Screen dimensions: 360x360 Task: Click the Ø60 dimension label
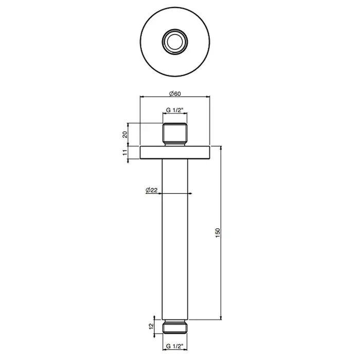(175, 94)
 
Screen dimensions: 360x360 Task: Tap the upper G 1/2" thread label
(175, 110)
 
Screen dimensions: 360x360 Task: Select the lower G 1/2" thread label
(175, 346)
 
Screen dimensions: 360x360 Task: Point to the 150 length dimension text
(218, 233)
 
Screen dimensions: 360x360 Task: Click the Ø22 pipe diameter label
(152, 190)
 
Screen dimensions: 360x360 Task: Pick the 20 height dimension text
(124, 134)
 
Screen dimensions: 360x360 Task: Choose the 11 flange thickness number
(124, 152)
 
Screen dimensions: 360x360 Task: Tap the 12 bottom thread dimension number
(151, 326)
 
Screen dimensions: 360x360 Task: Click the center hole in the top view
(175, 42)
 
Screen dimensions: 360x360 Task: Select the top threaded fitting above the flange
(175, 135)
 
